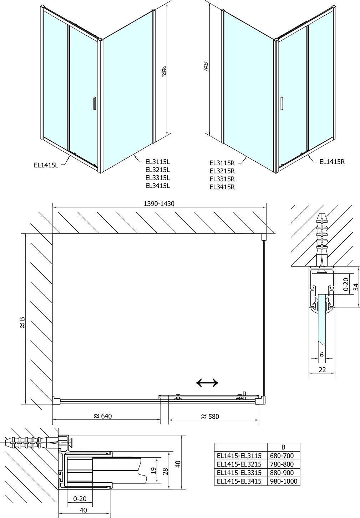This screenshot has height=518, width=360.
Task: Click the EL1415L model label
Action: click(x=46, y=165)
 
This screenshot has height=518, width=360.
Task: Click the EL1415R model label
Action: click(x=332, y=162)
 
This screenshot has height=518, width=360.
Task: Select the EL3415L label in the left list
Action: click(x=158, y=186)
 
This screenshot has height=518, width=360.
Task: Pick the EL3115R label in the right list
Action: click(x=222, y=163)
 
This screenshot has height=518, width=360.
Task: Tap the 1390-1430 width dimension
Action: click(x=159, y=203)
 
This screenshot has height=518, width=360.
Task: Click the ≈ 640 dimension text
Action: click(x=103, y=416)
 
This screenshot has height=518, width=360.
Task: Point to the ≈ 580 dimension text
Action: click(x=210, y=416)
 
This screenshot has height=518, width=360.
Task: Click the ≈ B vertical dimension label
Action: click(x=22, y=323)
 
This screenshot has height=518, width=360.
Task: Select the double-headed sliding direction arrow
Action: click(x=207, y=383)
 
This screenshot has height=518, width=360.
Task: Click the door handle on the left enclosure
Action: click(x=94, y=103)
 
